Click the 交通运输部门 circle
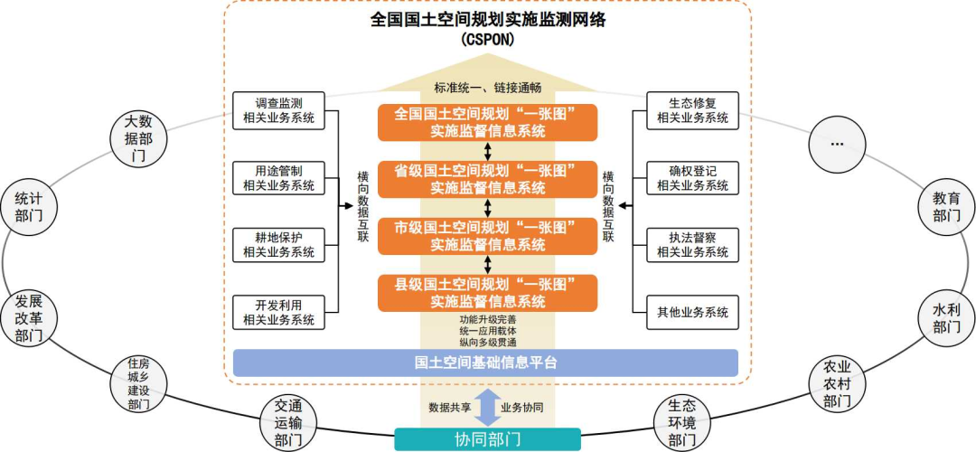coord(286,422)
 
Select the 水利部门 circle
coord(946,318)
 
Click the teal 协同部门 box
coord(487,440)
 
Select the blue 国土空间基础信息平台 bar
coord(486,363)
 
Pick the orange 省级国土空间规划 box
coord(488,180)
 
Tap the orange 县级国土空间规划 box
coord(488,293)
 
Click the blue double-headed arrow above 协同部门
coord(487,407)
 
